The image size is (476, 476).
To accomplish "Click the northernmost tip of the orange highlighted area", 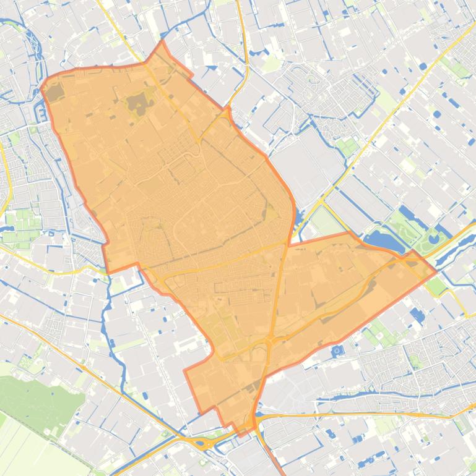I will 162,41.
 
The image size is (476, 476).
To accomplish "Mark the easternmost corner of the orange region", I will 436,270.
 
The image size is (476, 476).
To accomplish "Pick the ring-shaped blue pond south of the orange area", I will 337,351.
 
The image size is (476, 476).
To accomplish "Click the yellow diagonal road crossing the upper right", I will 396,105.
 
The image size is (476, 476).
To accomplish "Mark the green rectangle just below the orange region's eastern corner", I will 437,286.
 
